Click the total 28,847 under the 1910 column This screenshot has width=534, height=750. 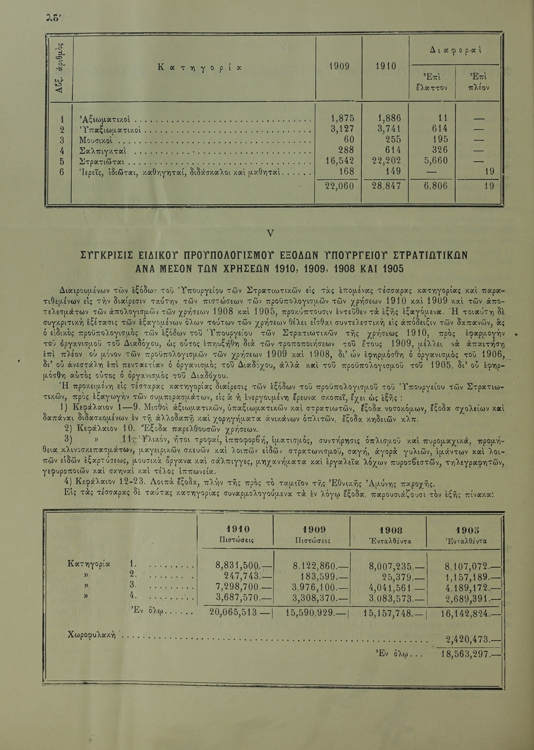pyautogui.click(x=384, y=186)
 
